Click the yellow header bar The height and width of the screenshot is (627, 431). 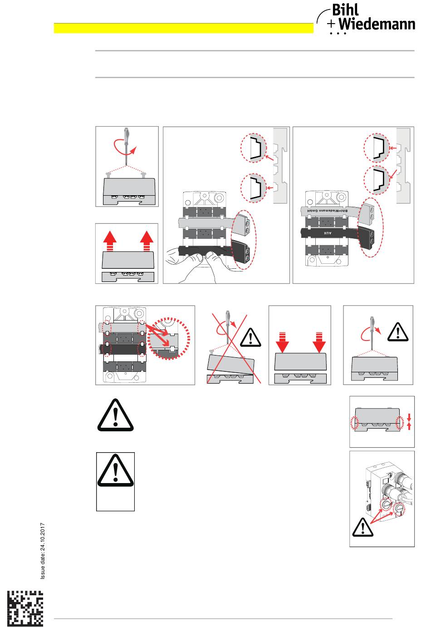point(183,28)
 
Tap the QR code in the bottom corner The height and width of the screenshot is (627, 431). point(26,607)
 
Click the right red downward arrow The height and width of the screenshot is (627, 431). point(319,343)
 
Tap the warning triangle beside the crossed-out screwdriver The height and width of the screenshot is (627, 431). point(249,336)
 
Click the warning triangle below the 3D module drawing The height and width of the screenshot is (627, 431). point(362,526)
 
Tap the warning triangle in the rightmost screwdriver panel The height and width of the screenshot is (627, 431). point(398,331)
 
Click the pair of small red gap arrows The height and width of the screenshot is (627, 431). point(409,421)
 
